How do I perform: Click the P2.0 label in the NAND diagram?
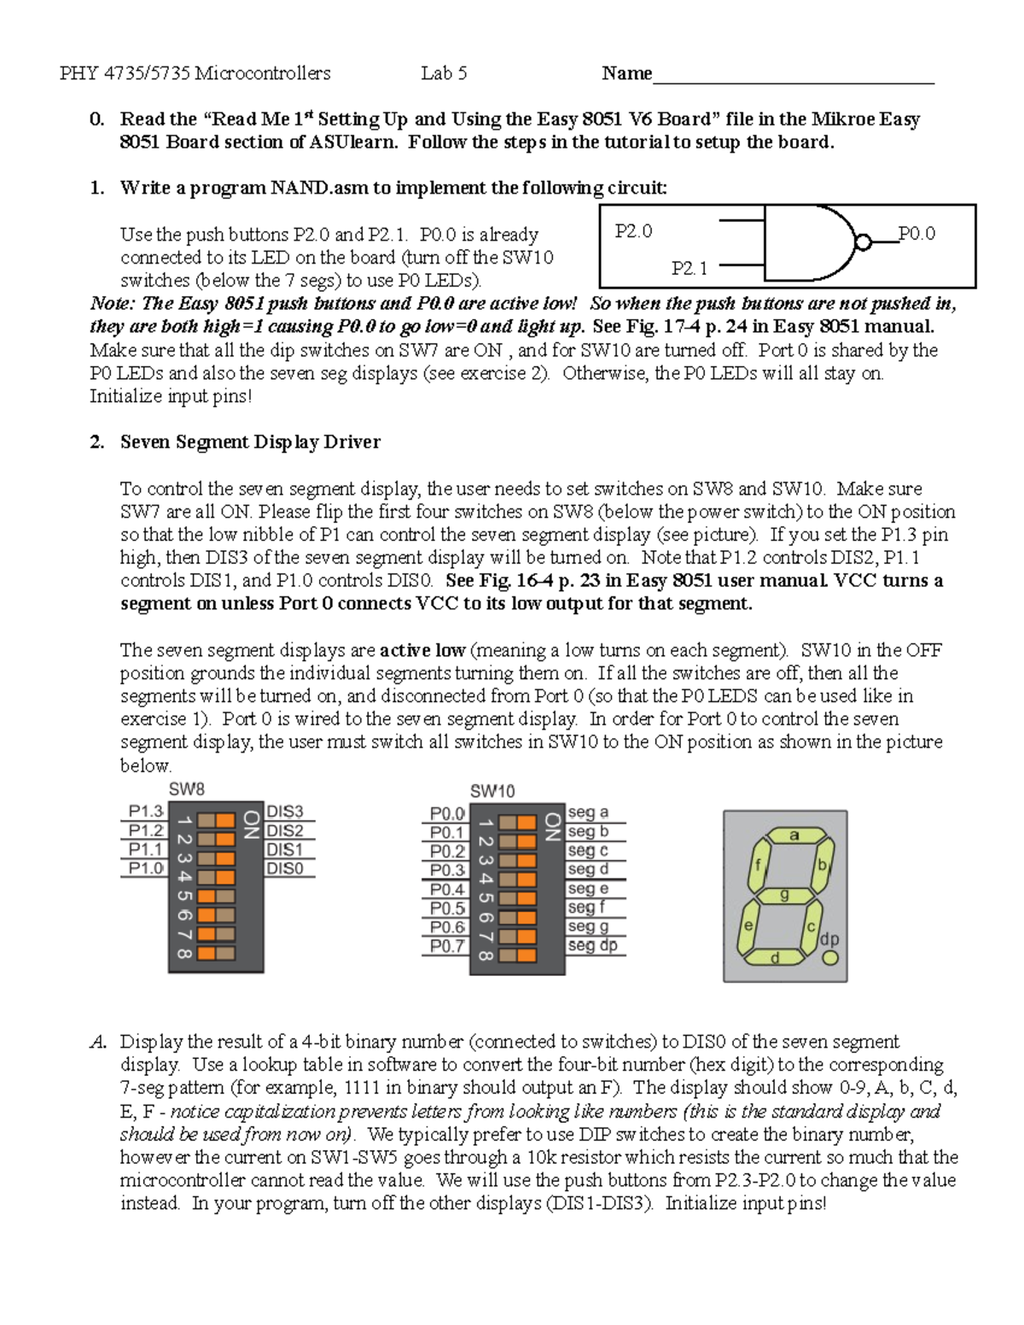tap(633, 231)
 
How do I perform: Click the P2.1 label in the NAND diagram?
tap(689, 269)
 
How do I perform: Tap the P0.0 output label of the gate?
tap(916, 233)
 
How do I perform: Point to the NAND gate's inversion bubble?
tap(863, 242)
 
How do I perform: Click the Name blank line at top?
tap(793, 77)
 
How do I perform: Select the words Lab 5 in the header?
tap(444, 73)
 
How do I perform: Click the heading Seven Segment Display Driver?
tap(250, 442)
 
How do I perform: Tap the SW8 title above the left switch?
tap(186, 790)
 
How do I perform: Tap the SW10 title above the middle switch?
tap(492, 791)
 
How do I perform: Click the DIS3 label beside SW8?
tap(285, 811)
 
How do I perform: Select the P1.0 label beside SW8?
tap(145, 869)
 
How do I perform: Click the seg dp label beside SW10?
tap(592, 945)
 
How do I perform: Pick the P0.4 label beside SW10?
tap(447, 889)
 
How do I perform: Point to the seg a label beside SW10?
tap(588, 812)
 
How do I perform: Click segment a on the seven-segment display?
tap(794, 836)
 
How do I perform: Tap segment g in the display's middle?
tap(784, 895)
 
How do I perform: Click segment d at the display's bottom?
tap(775, 957)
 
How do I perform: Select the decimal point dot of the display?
tap(830, 957)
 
